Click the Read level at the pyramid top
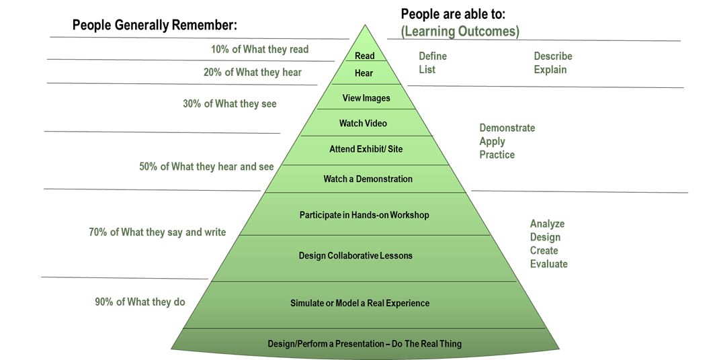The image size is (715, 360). (x=364, y=56)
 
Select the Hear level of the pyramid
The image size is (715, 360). (x=364, y=73)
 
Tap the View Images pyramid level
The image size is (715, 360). (x=366, y=98)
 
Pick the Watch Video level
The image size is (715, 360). (x=363, y=124)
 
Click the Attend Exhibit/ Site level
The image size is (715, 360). (x=366, y=149)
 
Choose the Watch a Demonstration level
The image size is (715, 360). (x=368, y=179)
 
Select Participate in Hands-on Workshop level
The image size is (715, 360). (x=364, y=216)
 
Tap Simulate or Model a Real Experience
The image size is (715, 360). (x=360, y=304)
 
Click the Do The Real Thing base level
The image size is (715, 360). (x=364, y=344)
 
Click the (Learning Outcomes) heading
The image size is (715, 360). (x=460, y=32)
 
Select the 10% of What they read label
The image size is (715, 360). (x=259, y=49)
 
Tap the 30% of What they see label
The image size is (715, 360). (x=229, y=104)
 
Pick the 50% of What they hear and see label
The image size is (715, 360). (x=206, y=167)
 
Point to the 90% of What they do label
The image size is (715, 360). (x=140, y=302)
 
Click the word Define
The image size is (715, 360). (x=433, y=56)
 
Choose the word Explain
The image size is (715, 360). (x=550, y=70)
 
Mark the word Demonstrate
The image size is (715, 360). (x=507, y=128)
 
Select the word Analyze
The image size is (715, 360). (x=547, y=224)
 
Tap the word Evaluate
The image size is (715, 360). (x=548, y=264)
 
